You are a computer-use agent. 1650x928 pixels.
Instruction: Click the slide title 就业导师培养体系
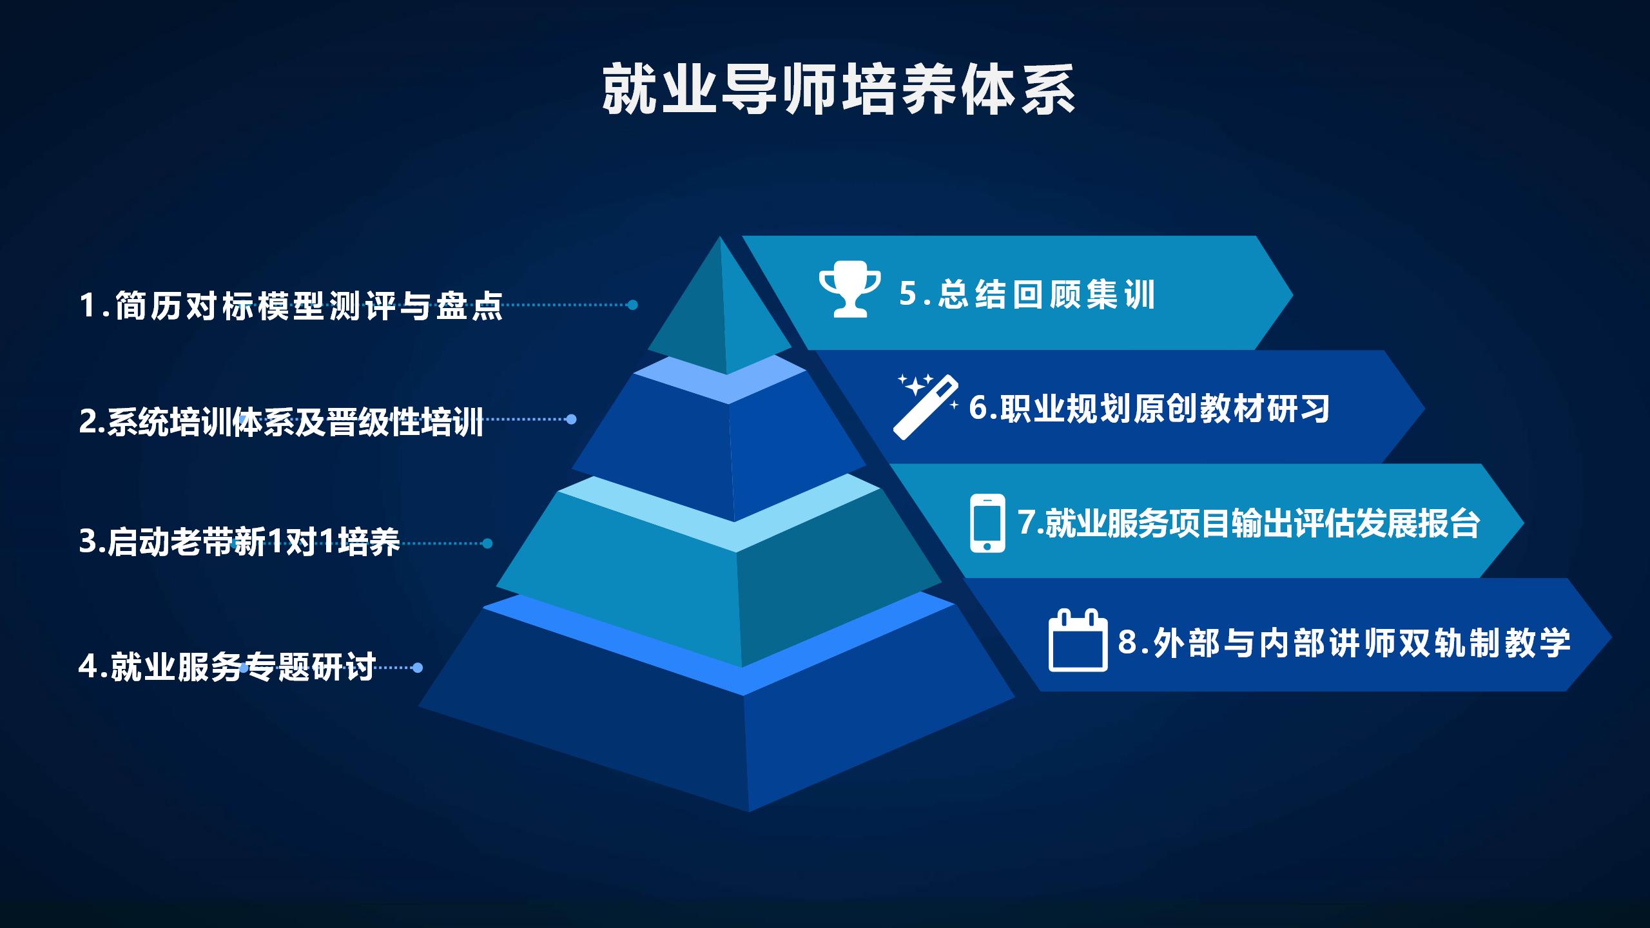pyautogui.click(x=839, y=90)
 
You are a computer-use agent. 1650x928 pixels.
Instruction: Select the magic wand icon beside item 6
pyautogui.click(x=926, y=407)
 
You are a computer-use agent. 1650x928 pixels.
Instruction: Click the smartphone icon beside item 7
pyautogui.click(x=987, y=523)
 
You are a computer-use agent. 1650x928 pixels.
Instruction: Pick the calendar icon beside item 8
pyautogui.click(x=1078, y=641)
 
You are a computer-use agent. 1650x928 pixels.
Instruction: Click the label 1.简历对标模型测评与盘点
pyautogui.click(x=291, y=305)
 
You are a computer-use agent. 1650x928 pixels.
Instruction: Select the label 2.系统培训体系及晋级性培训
pyautogui.click(x=281, y=422)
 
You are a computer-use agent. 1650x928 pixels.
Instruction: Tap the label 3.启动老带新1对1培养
pyautogui.click(x=239, y=542)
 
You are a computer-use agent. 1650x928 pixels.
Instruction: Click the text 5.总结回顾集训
pyautogui.click(x=1027, y=294)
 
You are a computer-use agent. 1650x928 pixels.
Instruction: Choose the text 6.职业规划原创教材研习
pyautogui.click(x=1149, y=409)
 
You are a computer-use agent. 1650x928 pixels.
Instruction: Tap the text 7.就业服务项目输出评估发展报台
pyautogui.click(x=1248, y=523)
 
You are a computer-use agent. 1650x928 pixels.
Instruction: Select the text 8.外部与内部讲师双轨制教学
pyautogui.click(x=1343, y=642)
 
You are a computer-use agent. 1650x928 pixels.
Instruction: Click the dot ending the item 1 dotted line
pyautogui.click(x=633, y=305)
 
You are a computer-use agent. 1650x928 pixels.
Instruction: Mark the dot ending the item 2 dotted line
pyautogui.click(x=570, y=420)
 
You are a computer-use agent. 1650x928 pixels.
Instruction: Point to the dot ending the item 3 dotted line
pyautogui.click(x=487, y=543)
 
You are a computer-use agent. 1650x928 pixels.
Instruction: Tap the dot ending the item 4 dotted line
pyautogui.click(x=418, y=668)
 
